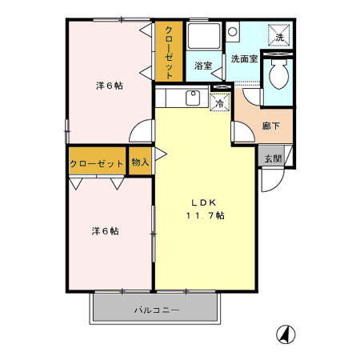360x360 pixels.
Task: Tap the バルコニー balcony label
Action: (156, 310)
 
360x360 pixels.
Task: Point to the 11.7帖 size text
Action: (206, 216)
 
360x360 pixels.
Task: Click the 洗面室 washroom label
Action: (243, 59)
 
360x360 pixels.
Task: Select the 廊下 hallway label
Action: (270, 125)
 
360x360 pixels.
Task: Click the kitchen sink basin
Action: (192, 98)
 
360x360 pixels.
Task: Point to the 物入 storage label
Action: (140, 162)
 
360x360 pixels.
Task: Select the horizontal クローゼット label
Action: (97, 162)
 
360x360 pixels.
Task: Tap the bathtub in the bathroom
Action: (205, 38)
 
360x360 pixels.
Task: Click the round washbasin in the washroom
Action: (233, 33)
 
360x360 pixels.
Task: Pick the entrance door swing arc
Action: (269, 181)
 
